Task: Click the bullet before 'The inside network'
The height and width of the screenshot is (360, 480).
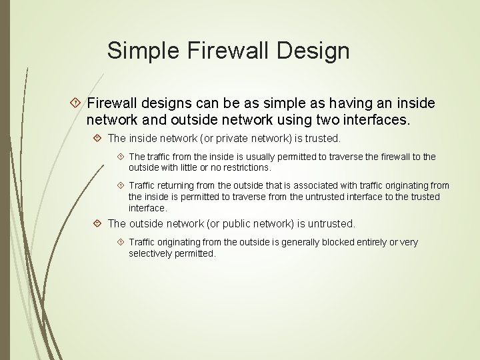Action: click(98, 139)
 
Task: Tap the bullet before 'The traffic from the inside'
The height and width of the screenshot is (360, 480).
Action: click(121, 157)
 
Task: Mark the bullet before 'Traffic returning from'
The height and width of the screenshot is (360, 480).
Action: click(121, 185)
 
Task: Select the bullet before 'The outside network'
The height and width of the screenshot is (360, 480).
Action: click(98, 224)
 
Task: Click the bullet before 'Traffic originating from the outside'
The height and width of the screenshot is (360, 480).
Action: click(121, 243)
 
